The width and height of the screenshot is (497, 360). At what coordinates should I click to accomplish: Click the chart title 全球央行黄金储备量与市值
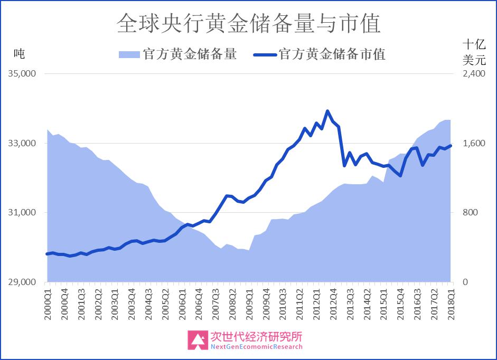248,23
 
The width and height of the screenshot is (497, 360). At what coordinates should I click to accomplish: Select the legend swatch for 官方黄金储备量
129,54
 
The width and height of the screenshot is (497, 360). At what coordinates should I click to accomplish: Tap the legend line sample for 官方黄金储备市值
265,55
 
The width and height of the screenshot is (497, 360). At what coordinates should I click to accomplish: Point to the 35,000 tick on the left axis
22,73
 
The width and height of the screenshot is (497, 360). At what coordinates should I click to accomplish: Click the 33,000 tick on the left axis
22,143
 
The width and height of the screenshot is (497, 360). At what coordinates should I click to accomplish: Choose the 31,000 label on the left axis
22,212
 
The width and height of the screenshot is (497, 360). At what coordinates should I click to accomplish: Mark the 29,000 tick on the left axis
22,282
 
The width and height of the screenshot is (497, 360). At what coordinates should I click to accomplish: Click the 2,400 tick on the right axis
474,73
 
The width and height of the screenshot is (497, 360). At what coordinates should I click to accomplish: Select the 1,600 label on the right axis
474,143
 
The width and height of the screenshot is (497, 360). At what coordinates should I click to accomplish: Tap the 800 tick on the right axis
470,212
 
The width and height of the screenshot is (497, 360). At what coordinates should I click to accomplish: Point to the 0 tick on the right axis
465,282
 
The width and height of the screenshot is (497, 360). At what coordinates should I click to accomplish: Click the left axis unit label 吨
19,53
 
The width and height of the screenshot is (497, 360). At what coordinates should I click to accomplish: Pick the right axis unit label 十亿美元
474,52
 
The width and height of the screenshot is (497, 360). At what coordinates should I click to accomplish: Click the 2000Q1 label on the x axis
48,304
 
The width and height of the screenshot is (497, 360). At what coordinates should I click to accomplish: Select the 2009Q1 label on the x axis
249,304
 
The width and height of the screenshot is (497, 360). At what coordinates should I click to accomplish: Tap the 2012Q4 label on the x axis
333,304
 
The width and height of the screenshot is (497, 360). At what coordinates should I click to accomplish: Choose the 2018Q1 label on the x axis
451,304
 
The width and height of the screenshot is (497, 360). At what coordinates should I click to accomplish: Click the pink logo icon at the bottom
198,340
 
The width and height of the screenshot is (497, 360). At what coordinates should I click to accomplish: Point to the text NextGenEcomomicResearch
257,347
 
